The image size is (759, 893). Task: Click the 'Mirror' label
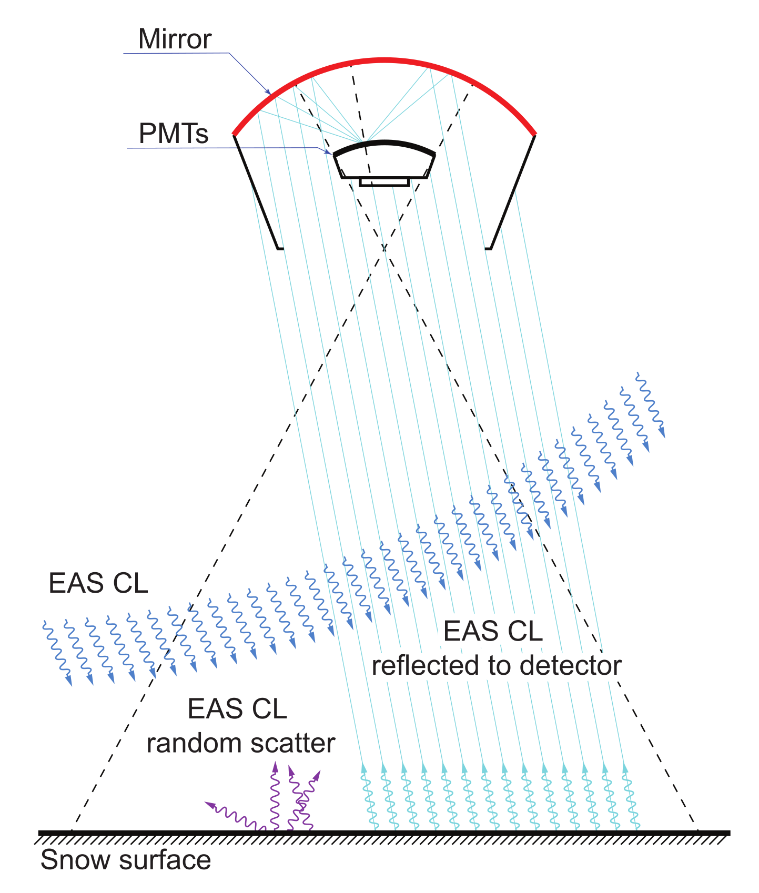[175, 39]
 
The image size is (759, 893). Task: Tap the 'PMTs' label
[174, 134]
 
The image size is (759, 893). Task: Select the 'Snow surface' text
[126, 860]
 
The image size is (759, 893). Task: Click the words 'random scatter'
[241, 743]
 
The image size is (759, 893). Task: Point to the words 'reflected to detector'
[497, 666]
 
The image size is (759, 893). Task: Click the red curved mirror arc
[384, 61]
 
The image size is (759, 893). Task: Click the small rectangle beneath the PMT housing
[384, 182]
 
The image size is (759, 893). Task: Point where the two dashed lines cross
[384, 248]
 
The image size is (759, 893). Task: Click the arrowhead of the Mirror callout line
[269, 93]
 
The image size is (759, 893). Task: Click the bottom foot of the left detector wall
[280, 248]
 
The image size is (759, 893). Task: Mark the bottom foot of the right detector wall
[488, 248]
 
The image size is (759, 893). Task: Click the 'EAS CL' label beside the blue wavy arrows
[98, 584]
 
